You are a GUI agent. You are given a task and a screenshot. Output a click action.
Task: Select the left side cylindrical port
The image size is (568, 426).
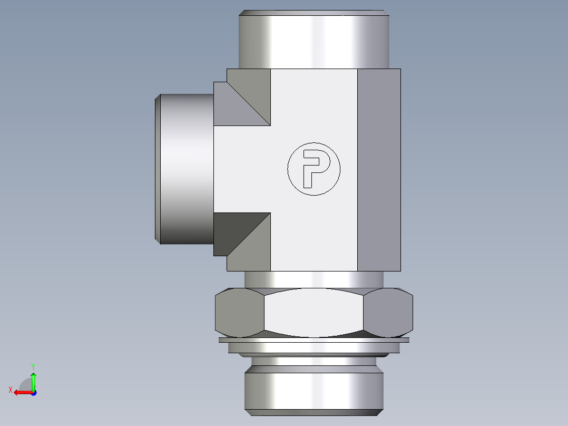[x=187, y=169]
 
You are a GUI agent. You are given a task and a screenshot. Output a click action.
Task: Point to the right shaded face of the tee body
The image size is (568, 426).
[x=379, y=169]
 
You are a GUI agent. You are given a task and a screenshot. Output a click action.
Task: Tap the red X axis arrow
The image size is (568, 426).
[x=21, y=392]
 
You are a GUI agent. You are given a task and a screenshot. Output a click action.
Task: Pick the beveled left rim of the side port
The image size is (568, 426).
[x=158, y=169]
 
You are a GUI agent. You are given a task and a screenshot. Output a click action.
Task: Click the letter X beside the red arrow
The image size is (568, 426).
[x=10, y=390]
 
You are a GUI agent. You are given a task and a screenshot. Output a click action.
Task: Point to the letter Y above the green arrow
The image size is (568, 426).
[x=33, y=365]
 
